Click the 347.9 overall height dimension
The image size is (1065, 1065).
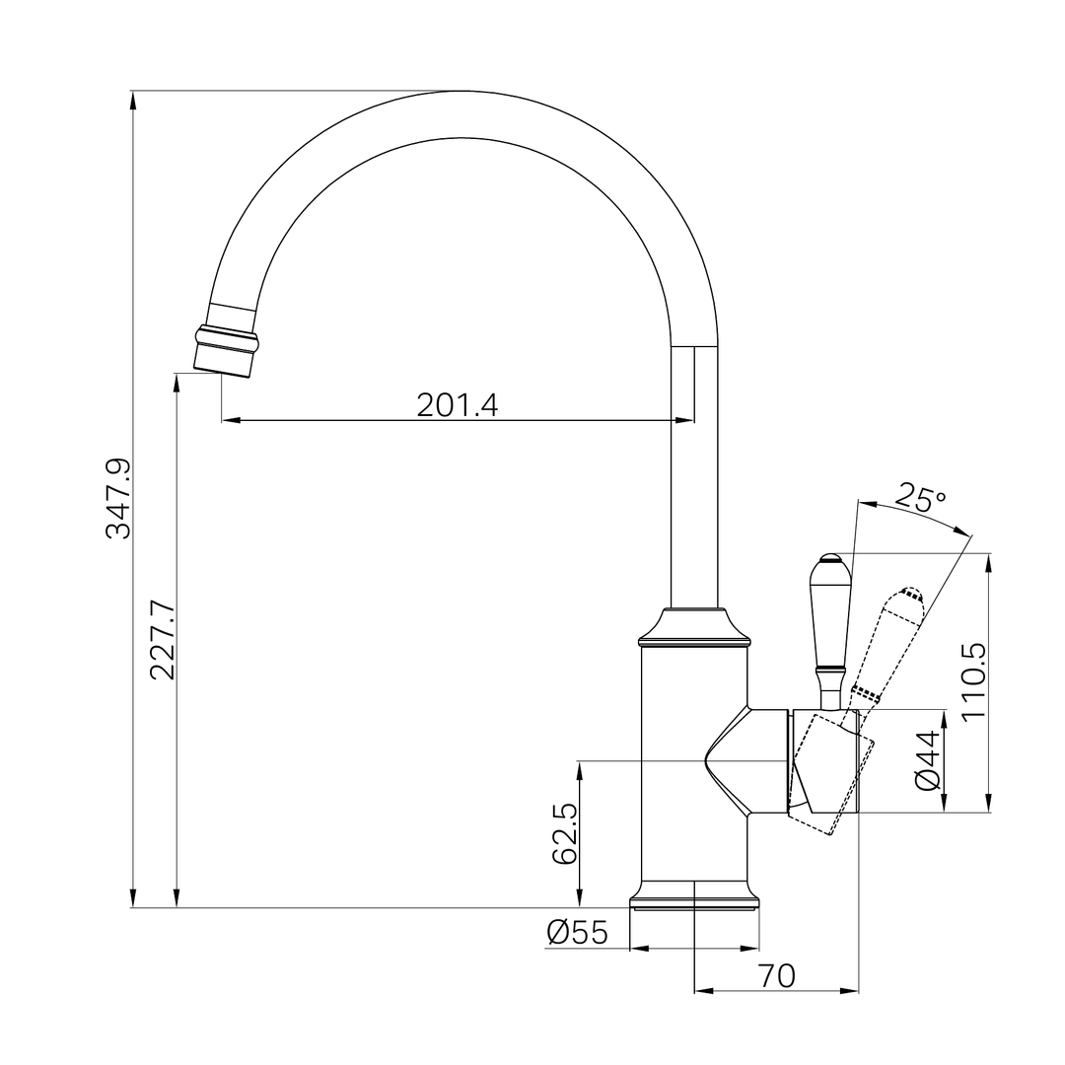(118, 498)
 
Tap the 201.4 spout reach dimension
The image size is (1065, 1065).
(457, 405)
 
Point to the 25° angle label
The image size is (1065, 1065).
(920, 499)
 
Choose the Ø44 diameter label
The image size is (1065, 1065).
(927, 760)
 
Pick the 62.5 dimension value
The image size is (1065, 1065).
(564, 832)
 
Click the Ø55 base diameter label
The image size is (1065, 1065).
(577, 932)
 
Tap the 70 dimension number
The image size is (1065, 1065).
(776, 975)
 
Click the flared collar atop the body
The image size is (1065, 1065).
(694, 627)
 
